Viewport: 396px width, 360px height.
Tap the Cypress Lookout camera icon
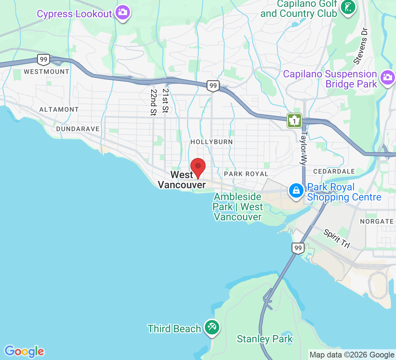click(x=123, y=13)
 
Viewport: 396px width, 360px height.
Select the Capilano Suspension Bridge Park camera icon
click(x=387, y=77)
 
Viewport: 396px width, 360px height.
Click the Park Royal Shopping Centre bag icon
click(x=296, y=190)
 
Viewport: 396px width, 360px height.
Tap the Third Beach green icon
click(x=212, y=328)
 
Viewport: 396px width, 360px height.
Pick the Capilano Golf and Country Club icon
click(x=348, y=6)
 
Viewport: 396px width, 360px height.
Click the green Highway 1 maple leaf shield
click(x=294, y=121)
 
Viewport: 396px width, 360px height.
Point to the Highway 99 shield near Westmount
click(x=43, y=59)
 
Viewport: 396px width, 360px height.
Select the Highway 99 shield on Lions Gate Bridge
click(x=298, y=248)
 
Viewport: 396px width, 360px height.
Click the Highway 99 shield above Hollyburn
click(x=213, y=86)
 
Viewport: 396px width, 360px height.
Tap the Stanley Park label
click(x=265, y=339)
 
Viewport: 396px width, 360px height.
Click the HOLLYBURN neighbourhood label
click(x=212, y=142)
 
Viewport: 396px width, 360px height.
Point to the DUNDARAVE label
click(x=78, y=129)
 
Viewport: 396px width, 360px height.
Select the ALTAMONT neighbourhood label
click(x=59, y=109)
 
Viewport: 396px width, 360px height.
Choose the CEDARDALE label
click(x=334, y=171)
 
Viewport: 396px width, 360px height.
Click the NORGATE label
click(x=377, y=221)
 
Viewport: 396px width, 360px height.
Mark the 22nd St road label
click(x=154, y=103)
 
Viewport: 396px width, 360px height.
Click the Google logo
click(x=24, y=351)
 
